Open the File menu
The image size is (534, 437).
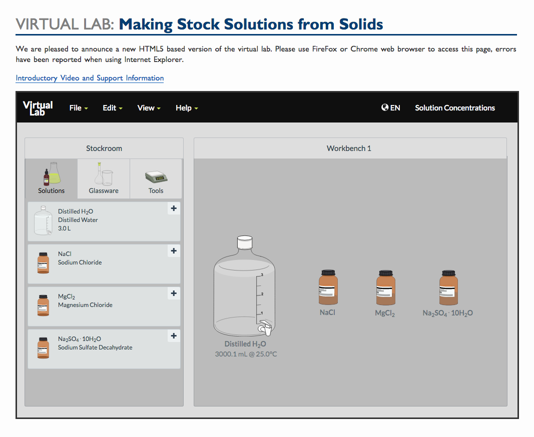[79, 108]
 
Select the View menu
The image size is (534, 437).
[149, 108]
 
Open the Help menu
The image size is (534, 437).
[187, 108]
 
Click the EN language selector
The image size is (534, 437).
[391, 108]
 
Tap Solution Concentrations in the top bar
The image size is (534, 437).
[454, 108]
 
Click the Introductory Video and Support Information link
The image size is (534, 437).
[90, 78]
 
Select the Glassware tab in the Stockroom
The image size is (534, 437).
[104, 179]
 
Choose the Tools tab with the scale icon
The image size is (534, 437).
[156, 179]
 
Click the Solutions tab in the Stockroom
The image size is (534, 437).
[52, 179]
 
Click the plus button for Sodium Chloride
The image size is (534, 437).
[174, 251]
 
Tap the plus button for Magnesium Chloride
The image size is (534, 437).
[174, 293]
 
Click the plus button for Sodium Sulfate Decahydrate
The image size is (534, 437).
[174, 336]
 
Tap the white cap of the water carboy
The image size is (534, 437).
[245, 242]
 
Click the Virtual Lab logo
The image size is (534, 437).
[38, 108]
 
